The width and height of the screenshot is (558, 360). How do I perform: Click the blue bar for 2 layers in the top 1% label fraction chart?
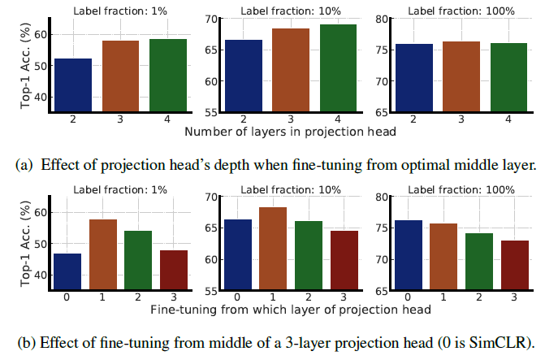click(x=73, y=85)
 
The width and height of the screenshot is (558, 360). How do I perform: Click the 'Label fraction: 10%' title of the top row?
click(x=301, y=11)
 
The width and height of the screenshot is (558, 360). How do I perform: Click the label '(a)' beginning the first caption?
click(x=25, y=165)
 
